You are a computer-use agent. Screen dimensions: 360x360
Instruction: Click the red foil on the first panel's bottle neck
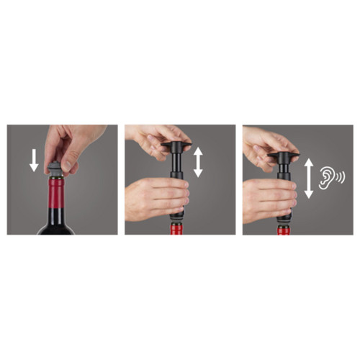coord(56,198)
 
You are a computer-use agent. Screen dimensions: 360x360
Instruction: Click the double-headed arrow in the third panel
coord(309,179)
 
